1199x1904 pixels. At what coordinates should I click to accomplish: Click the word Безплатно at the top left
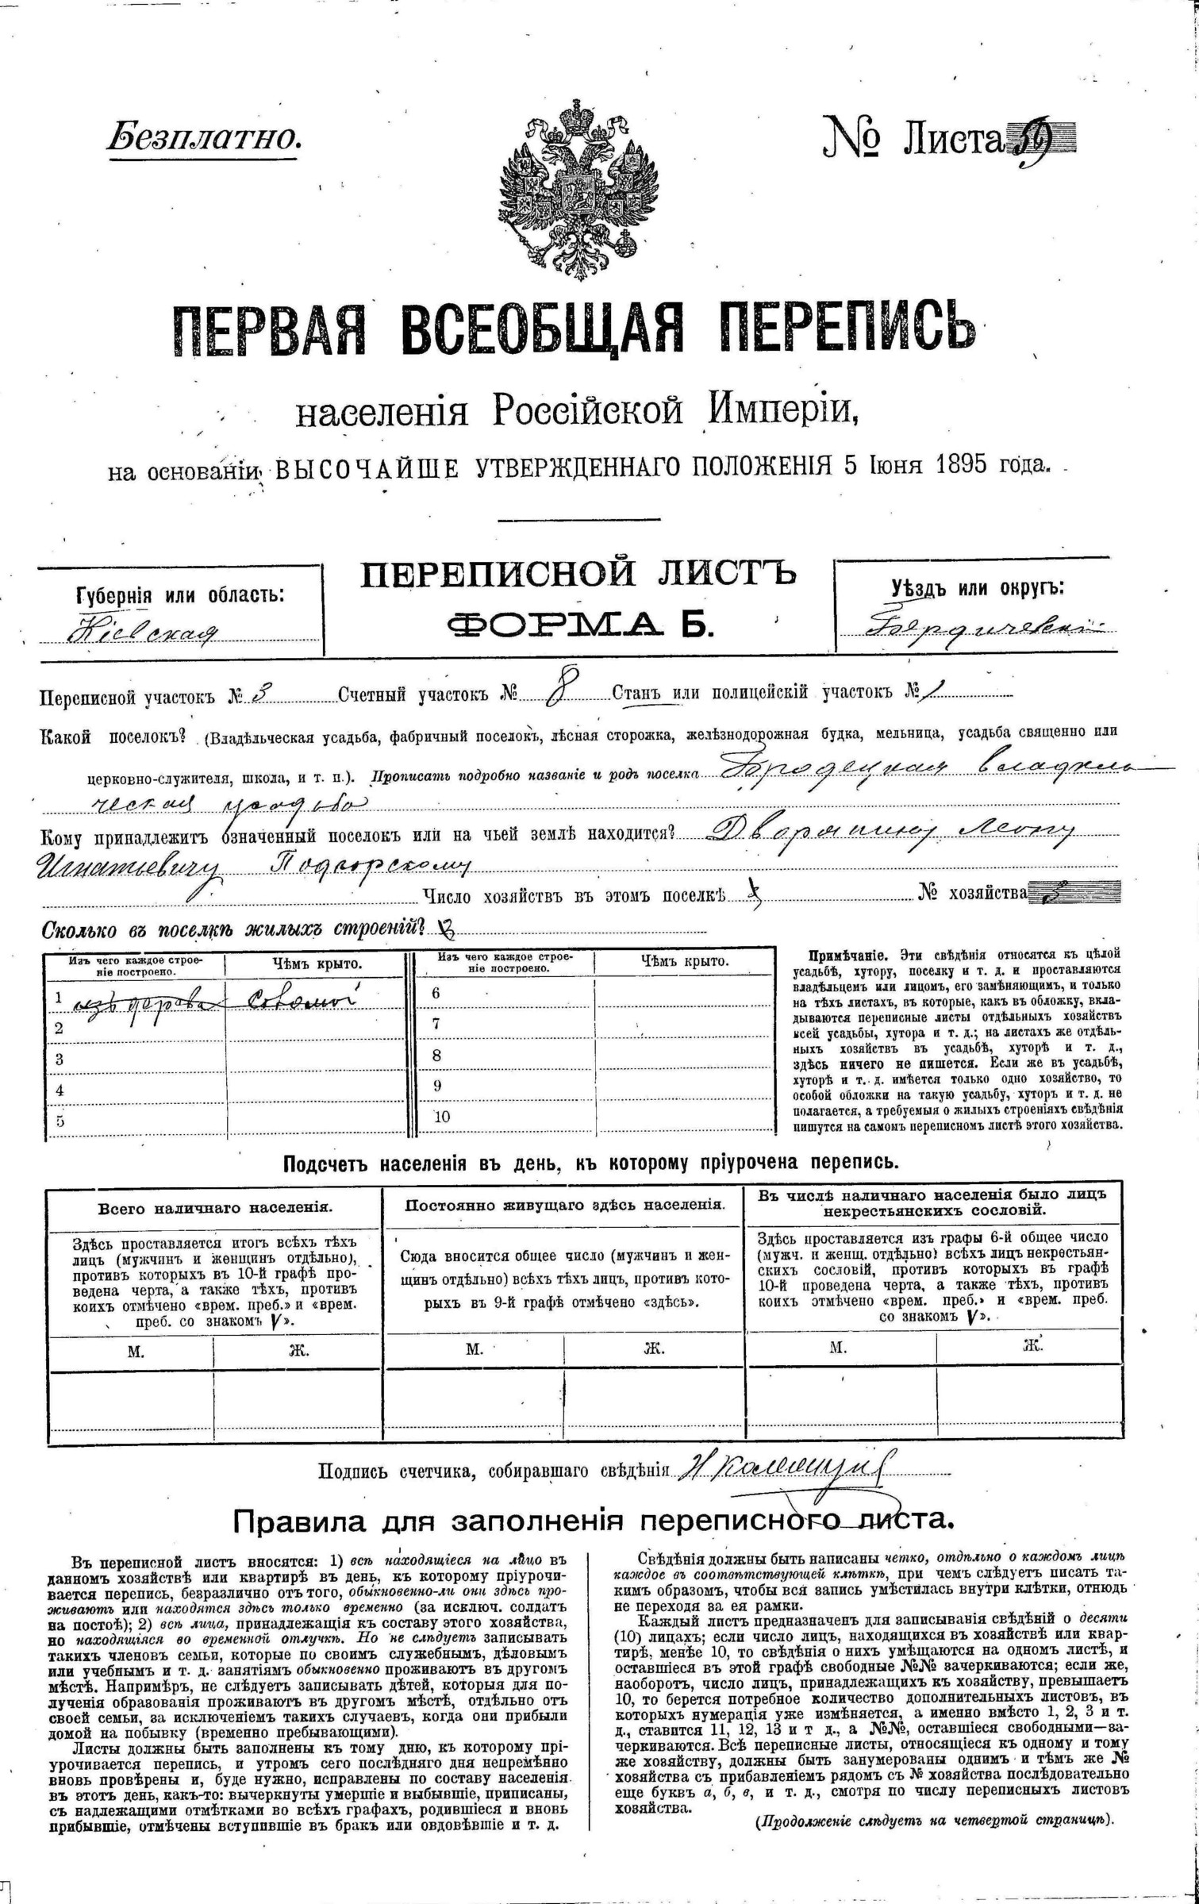(204, 137)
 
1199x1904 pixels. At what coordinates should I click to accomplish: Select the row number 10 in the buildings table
(442, 1117)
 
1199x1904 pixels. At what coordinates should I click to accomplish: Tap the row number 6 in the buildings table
(436, 993)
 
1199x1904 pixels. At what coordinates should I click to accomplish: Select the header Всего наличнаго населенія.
(215, 1208)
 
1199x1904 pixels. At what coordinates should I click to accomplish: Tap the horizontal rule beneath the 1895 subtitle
(578, 520)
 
